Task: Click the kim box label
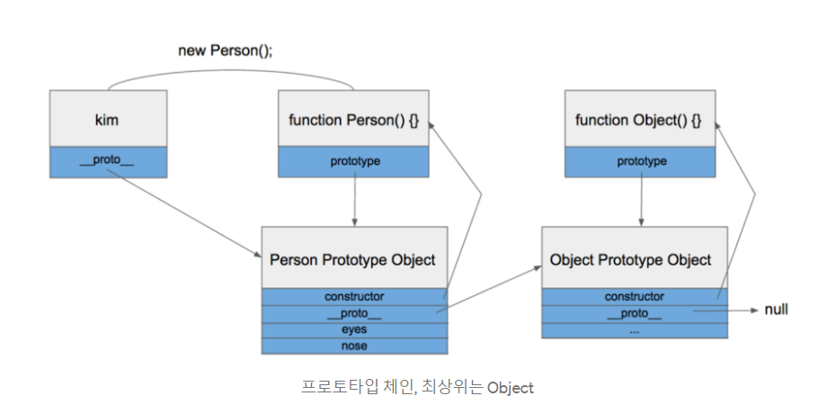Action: click(107, 121)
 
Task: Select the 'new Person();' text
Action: click(226, 51)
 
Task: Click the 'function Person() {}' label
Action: click(353, 121)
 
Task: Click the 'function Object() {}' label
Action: click(638, 121)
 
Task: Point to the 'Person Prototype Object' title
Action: click(353, 260)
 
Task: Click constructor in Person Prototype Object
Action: click(354, 297)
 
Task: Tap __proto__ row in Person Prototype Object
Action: click(354, 314)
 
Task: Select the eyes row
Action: click(354, 329)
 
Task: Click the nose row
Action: click(354, 346)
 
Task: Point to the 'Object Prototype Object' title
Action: click(631, 260)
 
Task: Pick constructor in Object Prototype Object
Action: click(635, 297)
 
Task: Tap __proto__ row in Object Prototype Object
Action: click(635, 314)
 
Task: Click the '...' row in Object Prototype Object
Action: click(635, 331)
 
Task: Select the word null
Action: click(777, 310)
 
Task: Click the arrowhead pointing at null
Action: click(755, 310)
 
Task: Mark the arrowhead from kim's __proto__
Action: click(258, 255)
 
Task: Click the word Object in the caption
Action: click(510, 388)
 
